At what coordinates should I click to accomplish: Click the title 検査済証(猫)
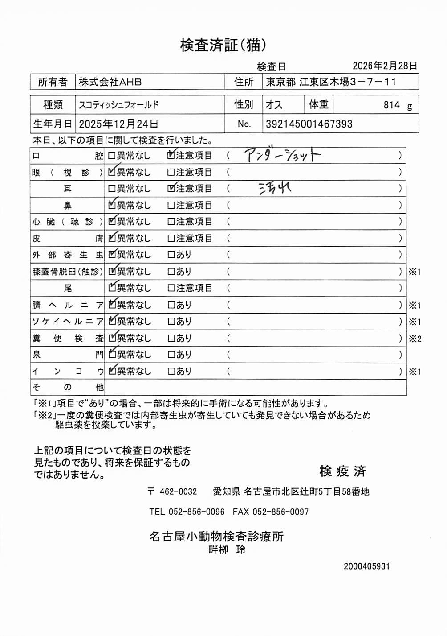223,45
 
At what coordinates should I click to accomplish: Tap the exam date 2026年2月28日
385,66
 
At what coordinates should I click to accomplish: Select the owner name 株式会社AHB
110,82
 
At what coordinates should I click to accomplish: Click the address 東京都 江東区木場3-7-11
331,82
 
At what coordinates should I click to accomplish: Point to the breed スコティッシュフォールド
119,105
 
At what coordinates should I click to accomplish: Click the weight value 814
392,105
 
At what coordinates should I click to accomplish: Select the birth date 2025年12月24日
118,124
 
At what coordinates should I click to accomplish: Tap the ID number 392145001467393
309,124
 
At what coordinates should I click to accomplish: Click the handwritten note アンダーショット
282,155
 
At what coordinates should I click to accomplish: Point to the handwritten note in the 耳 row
275,188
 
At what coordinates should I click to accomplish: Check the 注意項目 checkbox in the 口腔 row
171,155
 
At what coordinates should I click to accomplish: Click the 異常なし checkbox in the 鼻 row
112,205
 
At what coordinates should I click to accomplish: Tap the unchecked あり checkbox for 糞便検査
171,338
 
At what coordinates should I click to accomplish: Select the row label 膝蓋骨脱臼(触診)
67,272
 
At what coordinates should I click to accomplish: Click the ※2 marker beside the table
415,339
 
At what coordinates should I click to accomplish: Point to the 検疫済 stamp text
343,471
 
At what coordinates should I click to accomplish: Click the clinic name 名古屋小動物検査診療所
216,536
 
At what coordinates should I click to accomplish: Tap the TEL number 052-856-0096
196,512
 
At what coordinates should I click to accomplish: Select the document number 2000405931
366,566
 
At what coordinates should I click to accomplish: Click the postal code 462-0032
178,491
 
